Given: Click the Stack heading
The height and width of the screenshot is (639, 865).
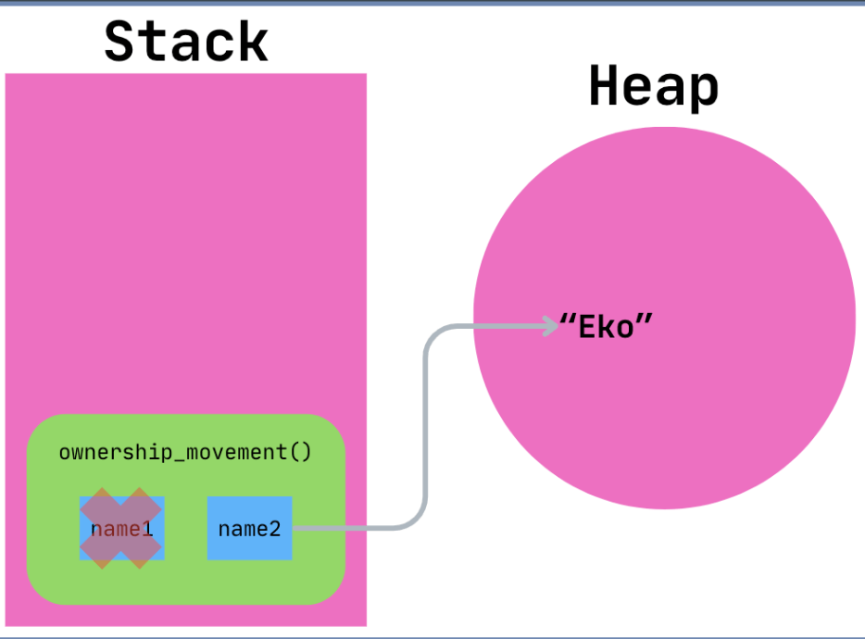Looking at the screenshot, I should pyautogui.click(x=185, y=42).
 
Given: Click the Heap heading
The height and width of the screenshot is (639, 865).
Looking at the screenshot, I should pyautogui.click(x=654, y=88).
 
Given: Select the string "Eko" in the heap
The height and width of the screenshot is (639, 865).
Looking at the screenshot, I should pyautogui.click(x=608, y=326).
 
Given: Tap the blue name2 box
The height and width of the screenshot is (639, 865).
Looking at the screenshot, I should pyautogui.click(x=249, y=529).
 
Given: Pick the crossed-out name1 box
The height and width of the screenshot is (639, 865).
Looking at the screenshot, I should pyautogui.click(x=121, y=528).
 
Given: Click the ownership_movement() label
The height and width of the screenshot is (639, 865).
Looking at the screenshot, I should pyautogui.click(x=185, y=452).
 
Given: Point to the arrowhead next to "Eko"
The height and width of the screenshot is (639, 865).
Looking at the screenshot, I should pyautogui.click(x=549, y=325).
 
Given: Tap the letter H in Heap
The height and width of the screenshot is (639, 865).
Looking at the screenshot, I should pyautogui.click(x=604, y=88).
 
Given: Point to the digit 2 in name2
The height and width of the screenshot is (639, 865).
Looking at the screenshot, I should pyautogui.click(x=274, y=529).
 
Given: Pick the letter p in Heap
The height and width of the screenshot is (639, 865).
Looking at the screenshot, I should pyautogui.click(x=704, y=91).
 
